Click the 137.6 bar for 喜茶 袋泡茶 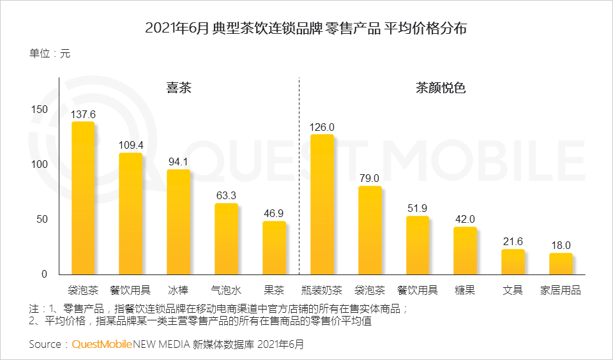pyautogui.click(x=83, y=198)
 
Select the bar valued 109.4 pyautogui.click(x=130, y=214)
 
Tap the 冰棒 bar pyautogui.click(x=178, y=221)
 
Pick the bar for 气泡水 pyautogui.click(x=226, y=239)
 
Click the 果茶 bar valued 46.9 pyautogui.click(x=274, y=248)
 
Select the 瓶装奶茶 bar pyautogui.click(x=322, y=204)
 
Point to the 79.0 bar pyautogui.click(x=370, y=230)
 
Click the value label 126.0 pyautogui.click(x=322, y=127)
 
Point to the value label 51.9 pyautogui.click(x=418, y=209)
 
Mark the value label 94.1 pyautogui.click(x=178, y=161)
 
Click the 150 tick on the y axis pyautogui.click(x=40, y=110)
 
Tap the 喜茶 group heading pyautogui.click(x=178, y=88)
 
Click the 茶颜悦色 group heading pyautogui.click(x=441, y=88)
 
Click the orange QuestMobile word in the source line pyautogui.click(x=102, y=345)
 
